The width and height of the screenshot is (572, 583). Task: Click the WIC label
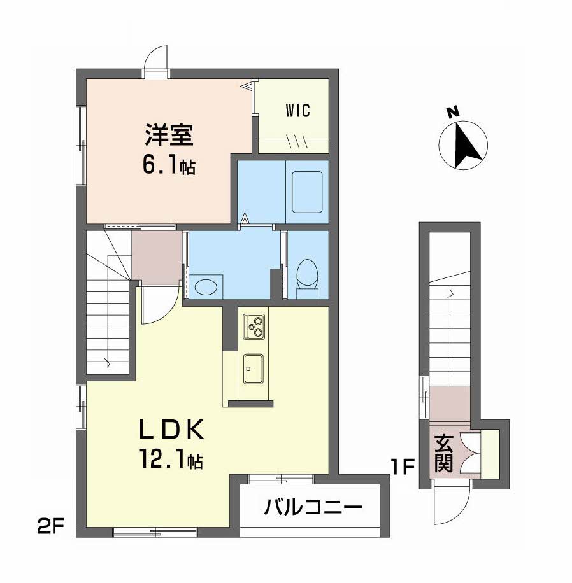tap(297, 111)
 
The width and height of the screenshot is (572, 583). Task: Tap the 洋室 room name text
tap(169, 136)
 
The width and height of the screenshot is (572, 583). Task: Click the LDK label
tap(171, 430)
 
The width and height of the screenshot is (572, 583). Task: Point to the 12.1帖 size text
tap(171, 460)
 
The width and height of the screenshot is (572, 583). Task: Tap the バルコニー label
tap(313, 507)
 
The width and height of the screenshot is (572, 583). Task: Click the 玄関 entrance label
tap(443, 454)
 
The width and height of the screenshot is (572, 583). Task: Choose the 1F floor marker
tap(402, 467)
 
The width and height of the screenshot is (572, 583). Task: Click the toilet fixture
tap(307, 279)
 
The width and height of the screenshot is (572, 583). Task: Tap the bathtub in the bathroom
tap(307, 192)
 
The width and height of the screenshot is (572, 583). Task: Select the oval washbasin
tap(206, 288)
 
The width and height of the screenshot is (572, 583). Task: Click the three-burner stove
tap(254, 327)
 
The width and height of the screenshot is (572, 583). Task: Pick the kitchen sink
tap(254, 369)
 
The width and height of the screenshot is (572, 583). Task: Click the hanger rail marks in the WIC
tap(296, 140)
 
